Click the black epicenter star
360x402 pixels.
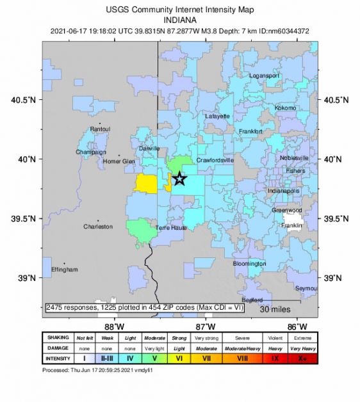pos(180,179)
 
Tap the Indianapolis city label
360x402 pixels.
pos(284,191)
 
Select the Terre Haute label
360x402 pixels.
pos(171,227)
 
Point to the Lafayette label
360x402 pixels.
pos(218,117)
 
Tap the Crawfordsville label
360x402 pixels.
pos(215,160)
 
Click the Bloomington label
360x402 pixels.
pos(249,264)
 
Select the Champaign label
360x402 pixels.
pos(91,152)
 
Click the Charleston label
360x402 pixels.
pos(98,227)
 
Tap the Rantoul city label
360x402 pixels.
pos(100,129)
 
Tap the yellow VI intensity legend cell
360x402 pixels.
pos(179,358)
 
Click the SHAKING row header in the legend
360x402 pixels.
pos(58,337)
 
